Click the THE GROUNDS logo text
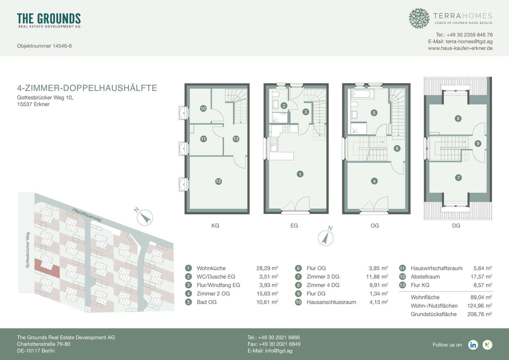pyautogui.click(x=49, y=18)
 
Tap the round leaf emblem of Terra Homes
pyautogui.click(x=419, y=18)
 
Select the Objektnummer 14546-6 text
pyautogui.click(x=44, y=46)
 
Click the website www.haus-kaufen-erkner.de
pyautogui.click(x=460, y=48)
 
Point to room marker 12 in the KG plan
pyautogui.click(x=218, y=181)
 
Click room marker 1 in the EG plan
pyautogui.click(x=300, y=174)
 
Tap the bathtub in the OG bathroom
pyautogui.click(x=363, y=94)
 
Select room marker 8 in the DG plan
pyautogui.click(x=458, y=118)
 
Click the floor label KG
pyautogui.click(x=215, y=225)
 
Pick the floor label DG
pyautogui.click(x=456, y=225)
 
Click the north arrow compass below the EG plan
pyautogui.click(x=326, y=238)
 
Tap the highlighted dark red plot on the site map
pyautogui.click(x=47, y=268)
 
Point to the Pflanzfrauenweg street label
pyautogui.click(x=87, y=215)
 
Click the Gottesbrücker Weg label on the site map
pyautogui.click(x=28, y=250)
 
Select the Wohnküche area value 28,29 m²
pyautogui.click(x=267, y=268)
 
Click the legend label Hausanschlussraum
pyautogui.click(x=331, y=302)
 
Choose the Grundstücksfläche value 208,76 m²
pyautogui.click(x=480, y=314)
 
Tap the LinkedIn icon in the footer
pyautogui.click(x=473, y=345)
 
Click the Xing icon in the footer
pyautogui.click(x=487, y=345)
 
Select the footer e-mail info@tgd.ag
pyautogui.click(x=270, y=351)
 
